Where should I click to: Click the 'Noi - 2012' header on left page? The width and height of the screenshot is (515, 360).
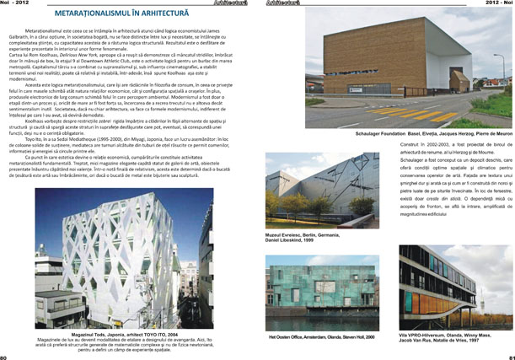(14, 3)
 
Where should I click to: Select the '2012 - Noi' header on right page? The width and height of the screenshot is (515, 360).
(498, 3)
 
